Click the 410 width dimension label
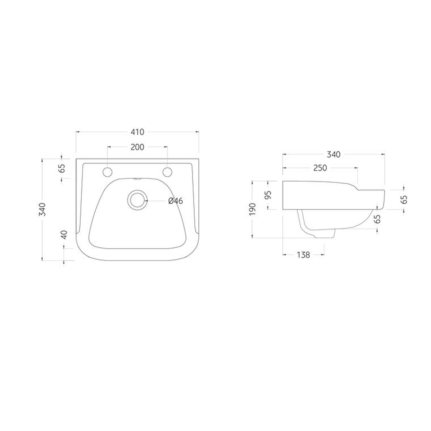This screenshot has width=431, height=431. [x=137, y=132]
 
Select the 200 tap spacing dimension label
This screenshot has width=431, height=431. [x=137, y=147]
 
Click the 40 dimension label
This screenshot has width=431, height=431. [x=64, y=235]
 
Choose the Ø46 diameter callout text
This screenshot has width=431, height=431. [x=176, y=201]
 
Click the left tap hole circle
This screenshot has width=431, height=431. [x=107, y=172]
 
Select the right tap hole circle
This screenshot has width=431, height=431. [x=167, y=172]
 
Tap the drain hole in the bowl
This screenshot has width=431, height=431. [x=137, y=200]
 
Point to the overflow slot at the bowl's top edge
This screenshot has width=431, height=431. [x=137, y=180]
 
